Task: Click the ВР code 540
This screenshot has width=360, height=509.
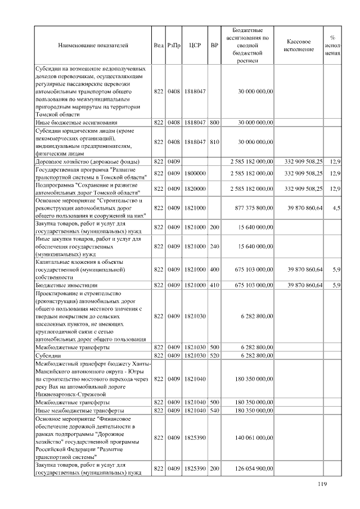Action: coord(214,411)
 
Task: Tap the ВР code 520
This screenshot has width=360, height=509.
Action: coord(214,355)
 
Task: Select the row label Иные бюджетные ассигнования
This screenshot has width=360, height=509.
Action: coord(76,121)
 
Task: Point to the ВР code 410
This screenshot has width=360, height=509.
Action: coord(214,285)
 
